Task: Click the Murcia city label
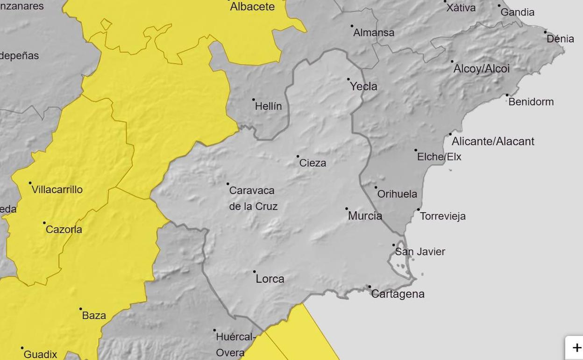point(365,216)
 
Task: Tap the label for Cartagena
point(398,294)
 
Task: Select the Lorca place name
point(270,279)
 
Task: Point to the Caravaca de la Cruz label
point(253,198)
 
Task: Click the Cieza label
point(313,163)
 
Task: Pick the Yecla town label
point(363,86)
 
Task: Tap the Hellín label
point(268,107)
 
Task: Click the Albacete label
point(252,7)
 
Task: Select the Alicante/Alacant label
point(493,142)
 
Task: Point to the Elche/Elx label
point(439,157)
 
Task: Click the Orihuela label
point(397,194)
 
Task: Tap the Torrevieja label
point(442,216)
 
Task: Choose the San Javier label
point(420,252)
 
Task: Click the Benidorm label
point(531,102)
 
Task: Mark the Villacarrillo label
point(57,190)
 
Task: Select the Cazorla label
point(64,230)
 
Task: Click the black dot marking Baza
point(80,309)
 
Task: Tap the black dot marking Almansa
point(352,26)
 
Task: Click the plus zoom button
point(576,348)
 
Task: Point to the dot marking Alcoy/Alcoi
point(452,61)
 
